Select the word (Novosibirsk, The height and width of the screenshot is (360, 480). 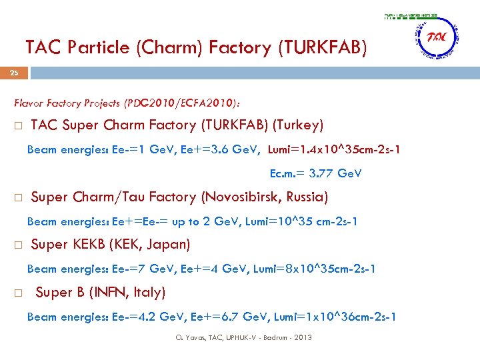pos(237,197)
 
